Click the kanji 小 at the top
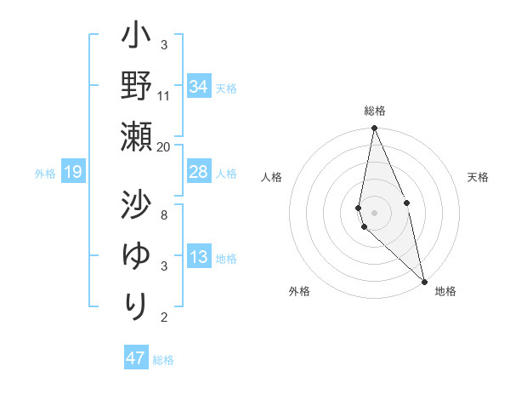coord(136,38)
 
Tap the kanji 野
coord(136,86)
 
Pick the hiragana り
coord(136,304)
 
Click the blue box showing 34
coord(199,87)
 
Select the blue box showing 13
coord(199,258)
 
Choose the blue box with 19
coord(72,173)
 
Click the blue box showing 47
coord(136,358)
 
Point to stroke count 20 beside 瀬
coord(164,146)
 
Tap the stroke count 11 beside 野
coord(164,95)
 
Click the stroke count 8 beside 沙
coord(164,214)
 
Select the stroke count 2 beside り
coord(164,317)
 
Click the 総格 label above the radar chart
coord(374,111)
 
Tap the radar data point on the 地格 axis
coord(424,280)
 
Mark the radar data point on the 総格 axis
coord(374,129)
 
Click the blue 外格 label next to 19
coord(45,174)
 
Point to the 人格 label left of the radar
coord(271,177)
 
